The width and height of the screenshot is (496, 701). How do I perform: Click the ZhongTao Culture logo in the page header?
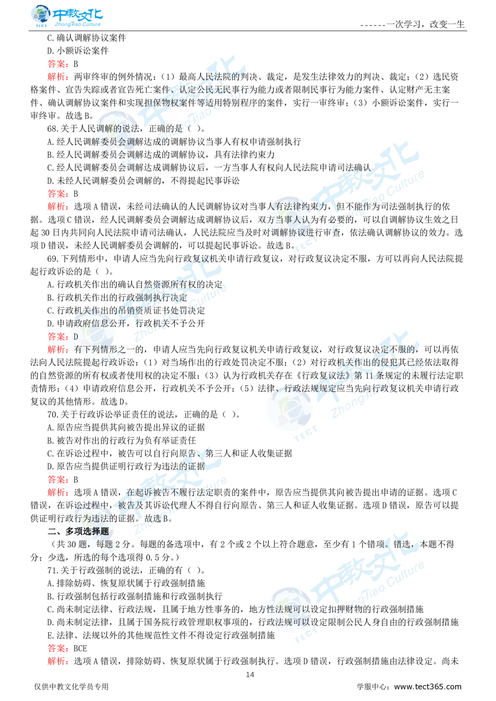click(66, 16)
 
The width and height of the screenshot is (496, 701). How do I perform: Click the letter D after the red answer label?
click(75, 337)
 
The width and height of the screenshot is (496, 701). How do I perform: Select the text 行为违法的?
click(92, 519)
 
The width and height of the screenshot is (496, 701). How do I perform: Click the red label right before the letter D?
click(58, 337)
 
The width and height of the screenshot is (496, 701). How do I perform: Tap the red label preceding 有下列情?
click(58, 350)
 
